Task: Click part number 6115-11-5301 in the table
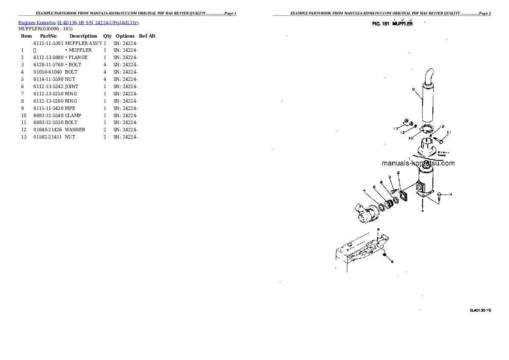click(48, 43)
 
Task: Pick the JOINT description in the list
click(71, 86)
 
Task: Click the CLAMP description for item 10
click(73, 115)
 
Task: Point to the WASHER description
click(75, 130)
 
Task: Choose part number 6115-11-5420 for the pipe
click(48, 108)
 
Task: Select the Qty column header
click(107, 36)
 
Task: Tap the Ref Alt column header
click(147, 36)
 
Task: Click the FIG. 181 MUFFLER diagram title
click(392, 24)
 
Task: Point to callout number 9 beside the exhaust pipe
click(414, 89)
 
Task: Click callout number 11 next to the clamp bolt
click(449, 132)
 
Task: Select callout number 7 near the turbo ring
click(364, 191)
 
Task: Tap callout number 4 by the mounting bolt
click(450, 195)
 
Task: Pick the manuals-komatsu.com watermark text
click(418, 163)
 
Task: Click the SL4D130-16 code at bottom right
click(480, 310)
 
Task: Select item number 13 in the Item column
click(24, 137)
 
